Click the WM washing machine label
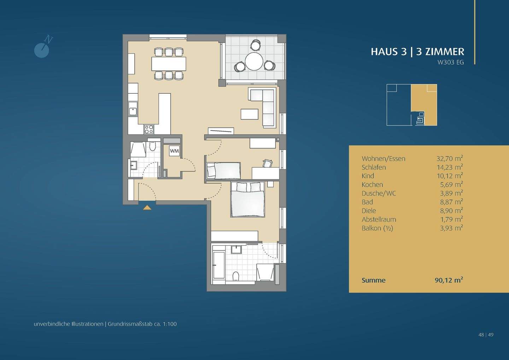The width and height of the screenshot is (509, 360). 174,151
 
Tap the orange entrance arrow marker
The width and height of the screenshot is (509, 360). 147,207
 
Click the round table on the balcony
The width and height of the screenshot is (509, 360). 254,62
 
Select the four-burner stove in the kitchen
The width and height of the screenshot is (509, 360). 148,129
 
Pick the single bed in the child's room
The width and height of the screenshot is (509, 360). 223,171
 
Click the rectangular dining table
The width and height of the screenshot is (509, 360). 169,64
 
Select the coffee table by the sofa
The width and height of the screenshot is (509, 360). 250,114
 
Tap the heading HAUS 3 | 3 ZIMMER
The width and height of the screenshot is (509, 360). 417,52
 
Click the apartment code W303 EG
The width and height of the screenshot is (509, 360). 451,62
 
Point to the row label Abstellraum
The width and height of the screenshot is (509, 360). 379,219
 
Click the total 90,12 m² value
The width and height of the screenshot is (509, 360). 449,280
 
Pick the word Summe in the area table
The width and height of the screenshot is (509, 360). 373,280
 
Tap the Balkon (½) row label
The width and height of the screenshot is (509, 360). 377,228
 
